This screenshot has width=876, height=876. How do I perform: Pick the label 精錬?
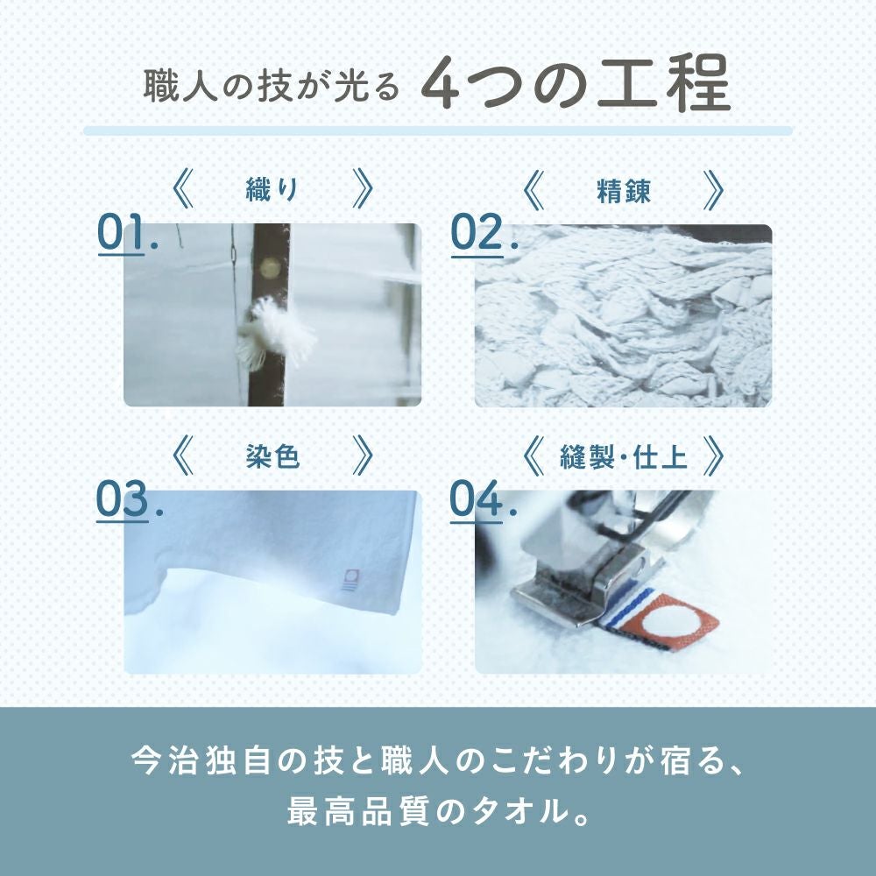point(623,190)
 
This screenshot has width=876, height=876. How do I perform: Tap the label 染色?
point(272,456)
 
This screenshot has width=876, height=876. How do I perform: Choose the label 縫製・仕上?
point(623,456)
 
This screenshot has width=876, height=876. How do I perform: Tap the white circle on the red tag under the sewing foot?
point(670,618)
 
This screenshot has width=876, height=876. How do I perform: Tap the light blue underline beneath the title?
point(438,131)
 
